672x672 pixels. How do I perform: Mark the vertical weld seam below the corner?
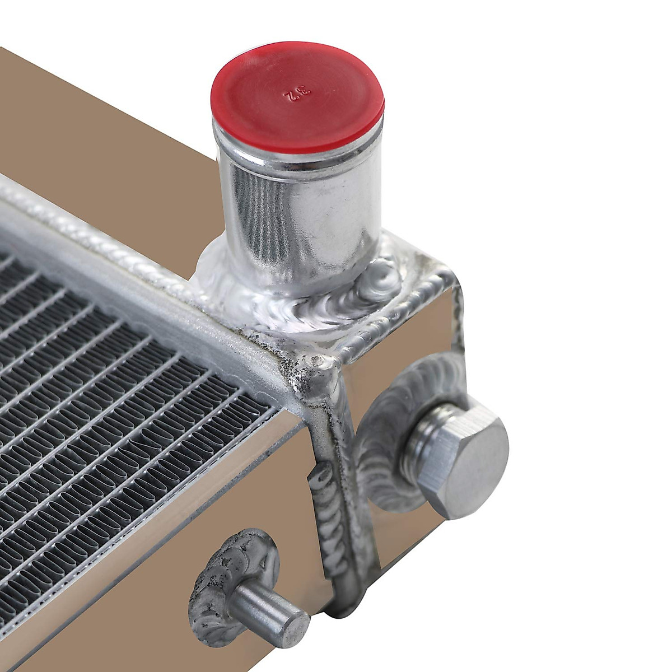pyautogui.click(x=336, y=504)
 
